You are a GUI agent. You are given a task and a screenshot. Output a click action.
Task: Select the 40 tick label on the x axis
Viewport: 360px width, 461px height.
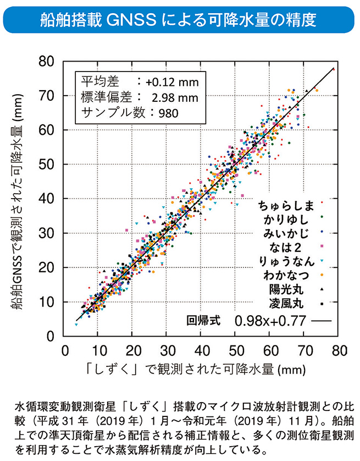pos(202,350)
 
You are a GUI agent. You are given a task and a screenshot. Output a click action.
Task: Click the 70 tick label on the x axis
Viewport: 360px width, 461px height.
pos(304,350)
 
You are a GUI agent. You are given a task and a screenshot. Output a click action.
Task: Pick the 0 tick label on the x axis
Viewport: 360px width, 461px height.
pos(64,350)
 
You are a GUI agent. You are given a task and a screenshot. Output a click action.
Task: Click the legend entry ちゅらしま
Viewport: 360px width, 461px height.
pos(285,206)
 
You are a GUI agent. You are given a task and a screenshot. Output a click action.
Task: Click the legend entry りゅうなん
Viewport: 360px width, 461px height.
pos(285,261)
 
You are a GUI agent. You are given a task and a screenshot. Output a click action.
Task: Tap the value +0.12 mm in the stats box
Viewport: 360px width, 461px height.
pos(171,82)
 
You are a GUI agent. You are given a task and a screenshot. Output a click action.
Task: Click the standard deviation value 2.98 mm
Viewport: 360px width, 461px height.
pos(174,97)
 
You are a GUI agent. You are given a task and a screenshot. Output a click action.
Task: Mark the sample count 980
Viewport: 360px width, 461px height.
pos(169,113)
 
